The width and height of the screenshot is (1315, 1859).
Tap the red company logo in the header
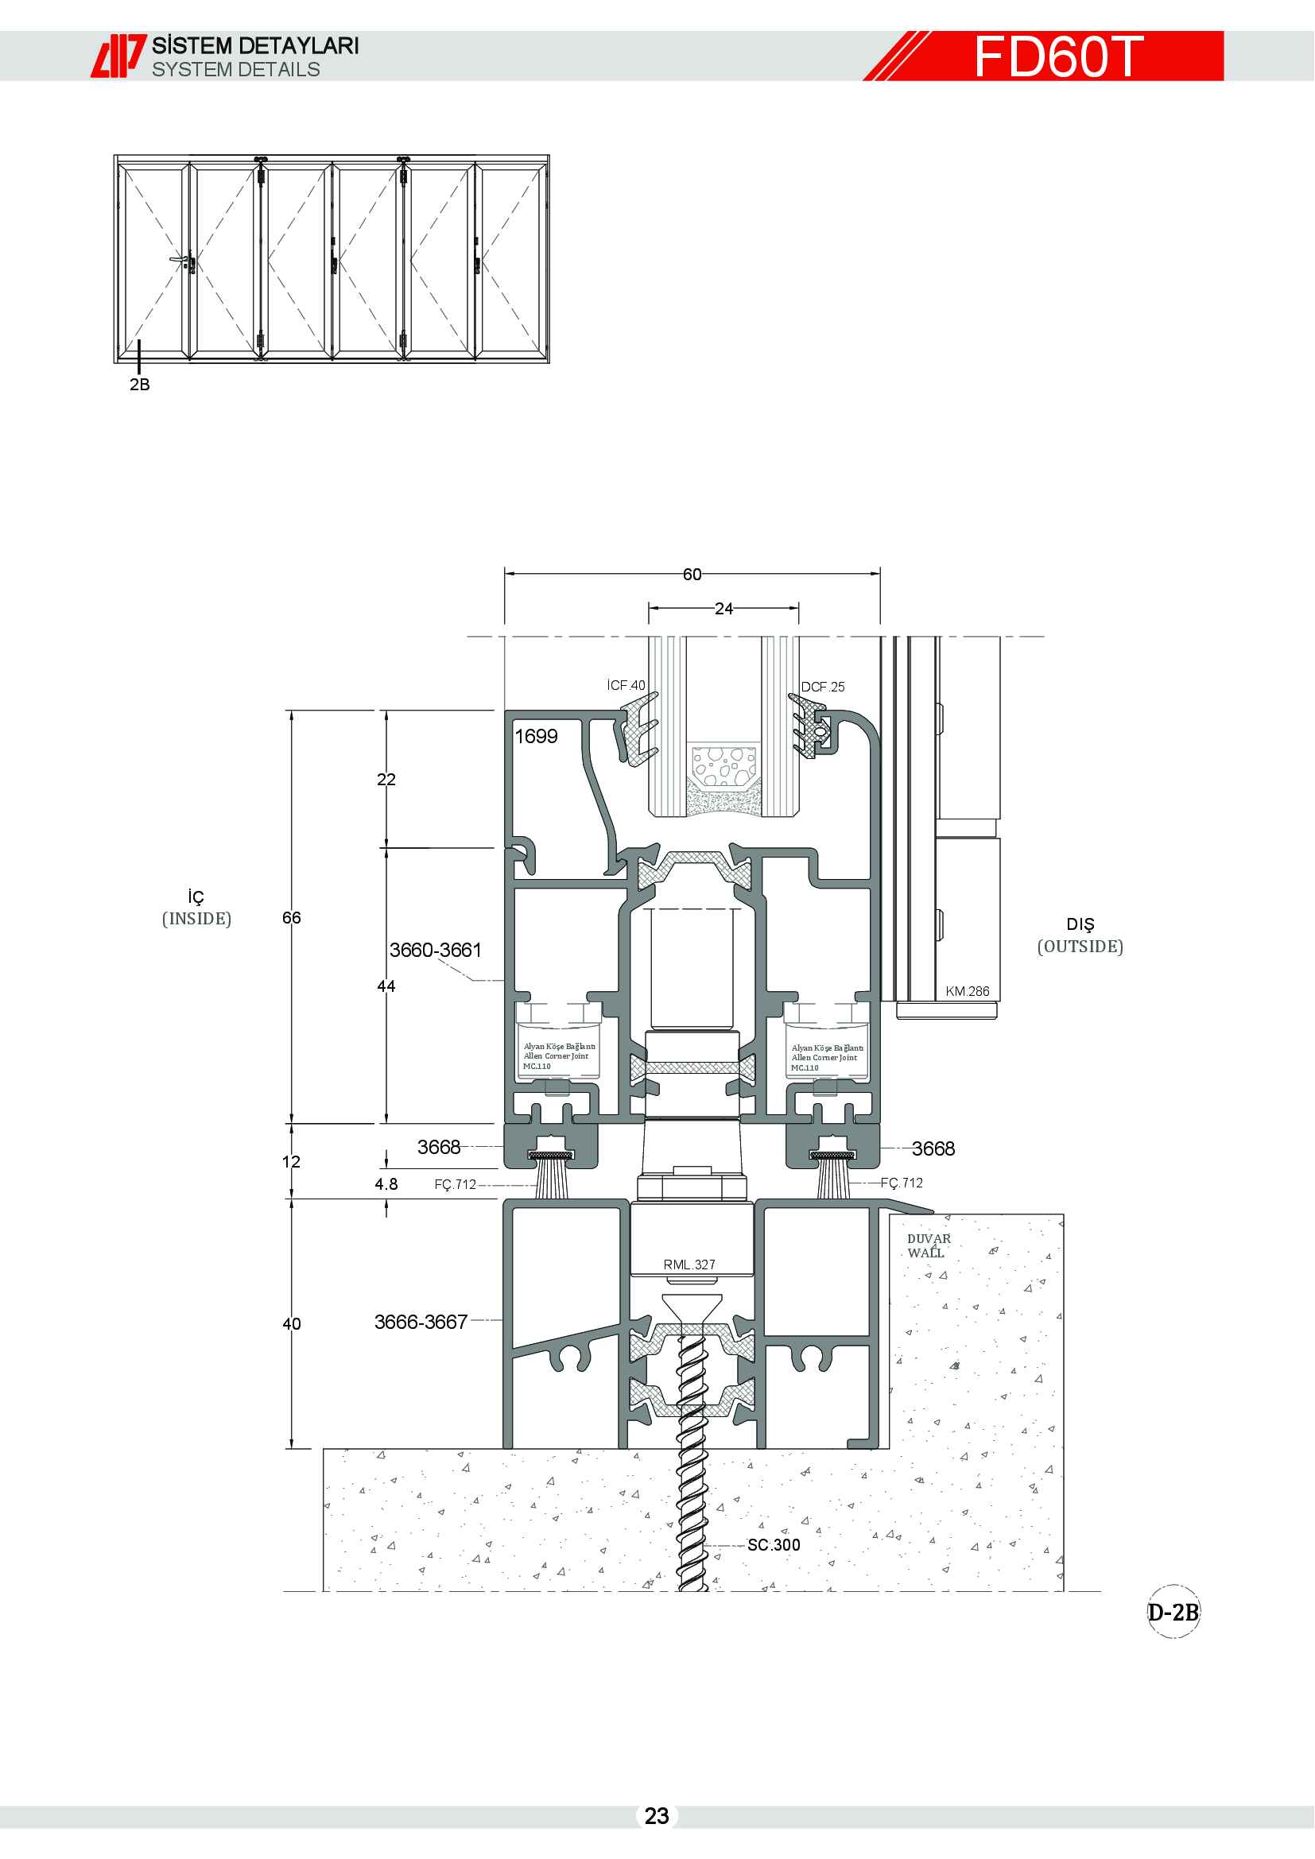tap(118, 56)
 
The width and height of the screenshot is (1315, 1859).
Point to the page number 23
tap(657, 1816)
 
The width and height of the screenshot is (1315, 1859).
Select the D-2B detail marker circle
tap(1173, 1612)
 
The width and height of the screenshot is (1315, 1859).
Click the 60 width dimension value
tap(692, 574)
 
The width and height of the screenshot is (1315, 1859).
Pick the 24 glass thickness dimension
tap(724, 608)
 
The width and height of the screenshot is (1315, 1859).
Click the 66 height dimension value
tap(292, 917)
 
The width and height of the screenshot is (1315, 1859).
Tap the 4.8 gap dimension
tap(386, 1183)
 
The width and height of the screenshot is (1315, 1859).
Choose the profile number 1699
tap(536, 736)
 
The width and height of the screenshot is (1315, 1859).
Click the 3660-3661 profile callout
tap(436, 950)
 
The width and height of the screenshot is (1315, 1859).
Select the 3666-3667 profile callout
tap(421, 1323)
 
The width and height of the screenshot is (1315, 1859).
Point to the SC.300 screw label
tap(774, 1545)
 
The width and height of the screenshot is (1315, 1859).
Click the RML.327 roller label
tap(689, 1265)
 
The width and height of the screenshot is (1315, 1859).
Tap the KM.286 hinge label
tap(968, 991)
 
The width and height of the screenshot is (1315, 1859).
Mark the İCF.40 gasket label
tap(626, 685)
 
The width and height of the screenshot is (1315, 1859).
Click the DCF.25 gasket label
tap(823, 687)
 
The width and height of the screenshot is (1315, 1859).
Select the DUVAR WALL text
tap(929, 1246)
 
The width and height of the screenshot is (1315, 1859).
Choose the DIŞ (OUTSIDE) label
tap(1080, 935)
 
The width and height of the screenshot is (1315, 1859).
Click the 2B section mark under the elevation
tap(139, 385)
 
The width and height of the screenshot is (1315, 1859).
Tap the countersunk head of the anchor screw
tap(692, 1307)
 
